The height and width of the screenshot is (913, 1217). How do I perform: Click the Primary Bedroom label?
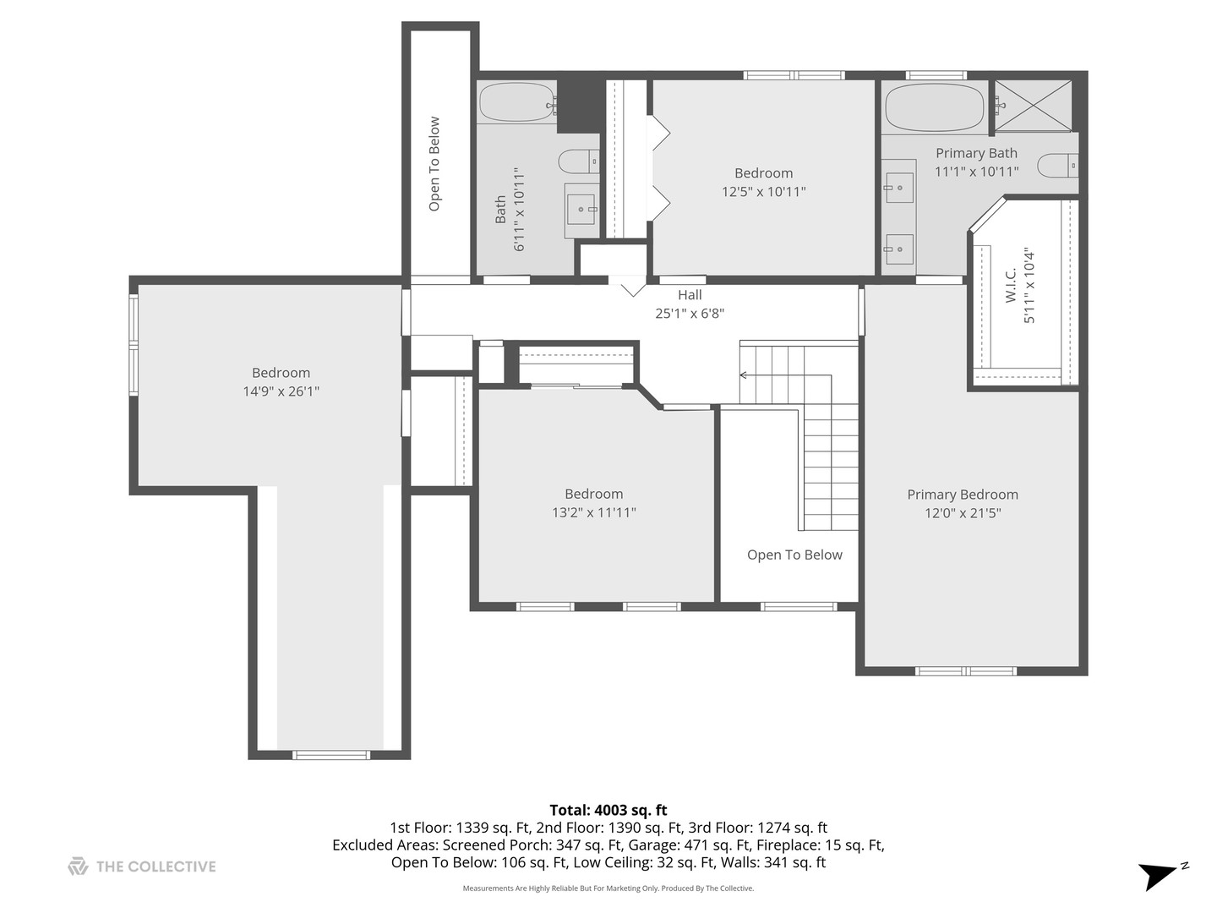(962, 495)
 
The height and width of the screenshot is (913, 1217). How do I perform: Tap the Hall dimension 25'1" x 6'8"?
(689, 314)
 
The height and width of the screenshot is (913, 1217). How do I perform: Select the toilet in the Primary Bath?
(1057, 165)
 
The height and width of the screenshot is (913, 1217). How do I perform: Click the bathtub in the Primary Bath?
(934, 107)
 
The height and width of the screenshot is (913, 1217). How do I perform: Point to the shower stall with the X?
(1033, 106)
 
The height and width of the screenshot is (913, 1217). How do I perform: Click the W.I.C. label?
(1010, 286)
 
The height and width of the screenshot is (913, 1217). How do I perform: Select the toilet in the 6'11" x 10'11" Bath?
(578, 161)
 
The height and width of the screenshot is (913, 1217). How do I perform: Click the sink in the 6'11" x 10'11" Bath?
(581, 209)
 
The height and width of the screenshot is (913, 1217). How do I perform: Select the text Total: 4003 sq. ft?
(608, 810)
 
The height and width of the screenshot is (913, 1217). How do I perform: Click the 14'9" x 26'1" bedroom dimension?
(281, 391)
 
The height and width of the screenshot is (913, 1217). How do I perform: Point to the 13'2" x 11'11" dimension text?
(594, 512)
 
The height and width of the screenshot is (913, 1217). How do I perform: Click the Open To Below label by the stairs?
(794, 555)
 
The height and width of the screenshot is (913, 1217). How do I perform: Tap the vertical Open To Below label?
(434, 163)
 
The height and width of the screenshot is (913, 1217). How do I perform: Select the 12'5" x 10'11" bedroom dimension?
(763, 192)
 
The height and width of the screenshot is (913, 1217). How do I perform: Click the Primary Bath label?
(976, 153)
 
